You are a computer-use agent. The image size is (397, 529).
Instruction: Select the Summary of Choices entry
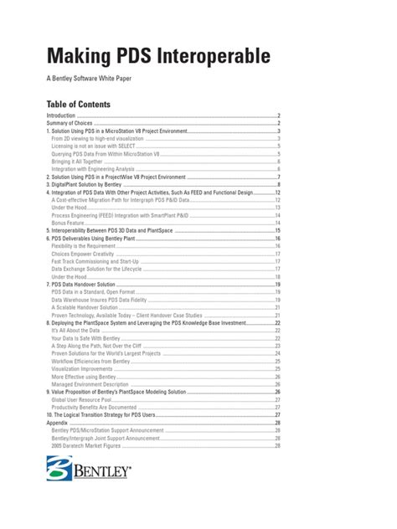click(70, 123)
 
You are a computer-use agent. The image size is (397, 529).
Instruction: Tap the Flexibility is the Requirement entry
click(86, 245)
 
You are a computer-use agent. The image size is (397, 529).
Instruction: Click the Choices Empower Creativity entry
click(86, 253)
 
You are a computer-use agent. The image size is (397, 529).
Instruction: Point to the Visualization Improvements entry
click(85, 368)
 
